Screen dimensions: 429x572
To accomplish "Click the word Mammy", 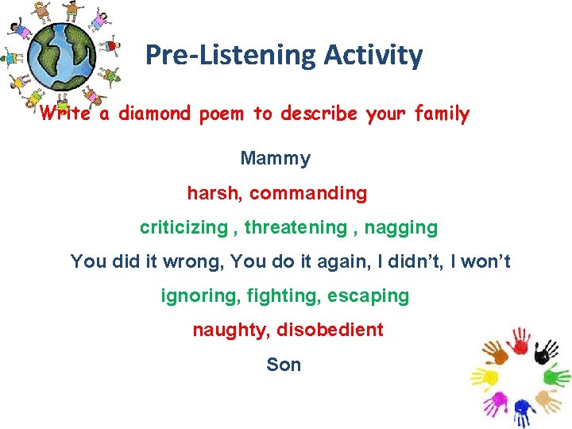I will click(x=275, y=159).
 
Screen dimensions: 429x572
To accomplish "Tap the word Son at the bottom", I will click(x=284, y=365).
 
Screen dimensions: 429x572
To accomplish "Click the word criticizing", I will click(x=184, y=228).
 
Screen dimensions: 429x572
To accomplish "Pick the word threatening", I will click(x=296, y=228).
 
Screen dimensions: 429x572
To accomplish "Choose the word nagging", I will click(x=402, y=228).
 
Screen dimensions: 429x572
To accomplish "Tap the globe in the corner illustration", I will click(x=60, y=58).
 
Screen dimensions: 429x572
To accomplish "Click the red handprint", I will click(x=520, y=340).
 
